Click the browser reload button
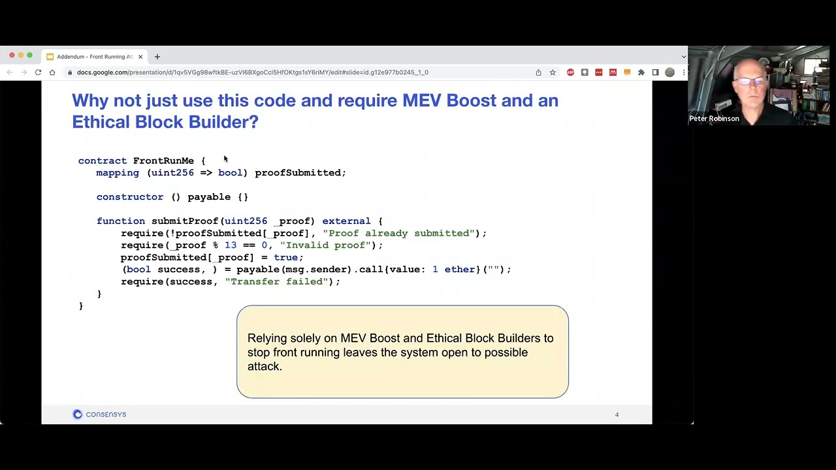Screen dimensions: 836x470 (38, 72)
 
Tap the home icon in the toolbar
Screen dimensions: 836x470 (52, 72)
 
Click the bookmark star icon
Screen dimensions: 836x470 (553, 72)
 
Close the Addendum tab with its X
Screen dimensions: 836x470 (140, 57)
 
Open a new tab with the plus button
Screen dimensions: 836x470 (157, 57)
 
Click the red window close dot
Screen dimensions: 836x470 (12, 55)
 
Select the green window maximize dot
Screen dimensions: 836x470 (30, 55)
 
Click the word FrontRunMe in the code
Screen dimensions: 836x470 (163, 161)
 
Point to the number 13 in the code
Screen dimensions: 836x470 (231, 245)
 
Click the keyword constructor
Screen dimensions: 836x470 (130, 197)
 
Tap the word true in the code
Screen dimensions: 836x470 (286, 257)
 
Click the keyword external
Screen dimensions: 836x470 (347, 221)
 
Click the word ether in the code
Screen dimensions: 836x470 (460, 270)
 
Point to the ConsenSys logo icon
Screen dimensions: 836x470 (77, 415)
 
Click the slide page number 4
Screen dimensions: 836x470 (617, 415)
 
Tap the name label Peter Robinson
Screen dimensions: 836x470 (715, 119)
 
